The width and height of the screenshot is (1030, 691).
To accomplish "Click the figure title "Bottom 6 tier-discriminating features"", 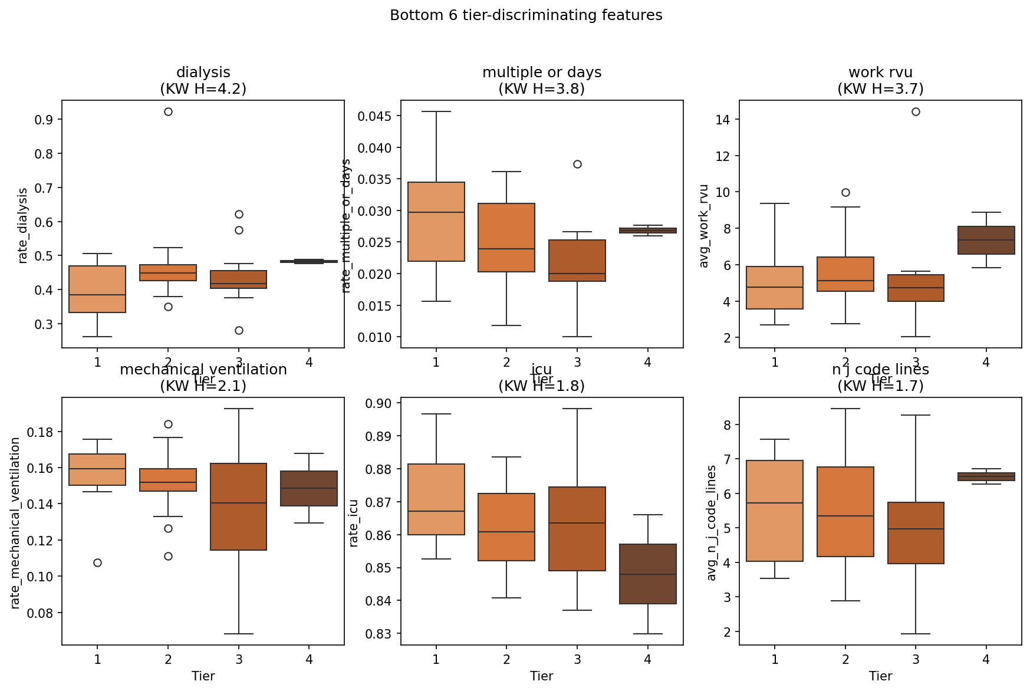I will point(526,15).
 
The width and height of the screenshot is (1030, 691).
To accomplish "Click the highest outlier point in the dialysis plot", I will point(168,111).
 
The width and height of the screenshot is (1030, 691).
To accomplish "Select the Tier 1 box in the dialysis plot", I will point(97,289).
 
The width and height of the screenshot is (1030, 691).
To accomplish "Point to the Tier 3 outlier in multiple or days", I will point(577,164).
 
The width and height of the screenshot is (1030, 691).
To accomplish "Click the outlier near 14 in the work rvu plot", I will point(916,111).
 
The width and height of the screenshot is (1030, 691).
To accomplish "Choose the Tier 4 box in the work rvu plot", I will point(986,240).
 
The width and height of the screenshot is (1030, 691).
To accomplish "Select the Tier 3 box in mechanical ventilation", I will point(239,506).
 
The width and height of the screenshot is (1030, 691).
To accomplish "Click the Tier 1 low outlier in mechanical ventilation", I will point(97,562).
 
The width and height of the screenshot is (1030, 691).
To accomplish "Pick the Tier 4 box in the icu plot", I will point(647,574).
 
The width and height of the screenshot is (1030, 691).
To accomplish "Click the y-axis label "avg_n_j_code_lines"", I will point(712,522).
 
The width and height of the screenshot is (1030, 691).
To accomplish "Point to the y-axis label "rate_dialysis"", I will point(23,225).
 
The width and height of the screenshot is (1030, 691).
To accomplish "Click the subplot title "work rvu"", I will point(880,73).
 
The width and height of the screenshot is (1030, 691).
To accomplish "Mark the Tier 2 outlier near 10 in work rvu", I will point(845,192).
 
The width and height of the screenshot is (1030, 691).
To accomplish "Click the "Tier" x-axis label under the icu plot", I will point(541,676).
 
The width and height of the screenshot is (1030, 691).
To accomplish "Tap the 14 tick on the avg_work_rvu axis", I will point(720,120).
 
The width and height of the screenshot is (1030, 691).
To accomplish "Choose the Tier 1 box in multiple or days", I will point(436,222).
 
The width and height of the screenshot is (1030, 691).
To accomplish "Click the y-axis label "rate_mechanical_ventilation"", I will point(16,522).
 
